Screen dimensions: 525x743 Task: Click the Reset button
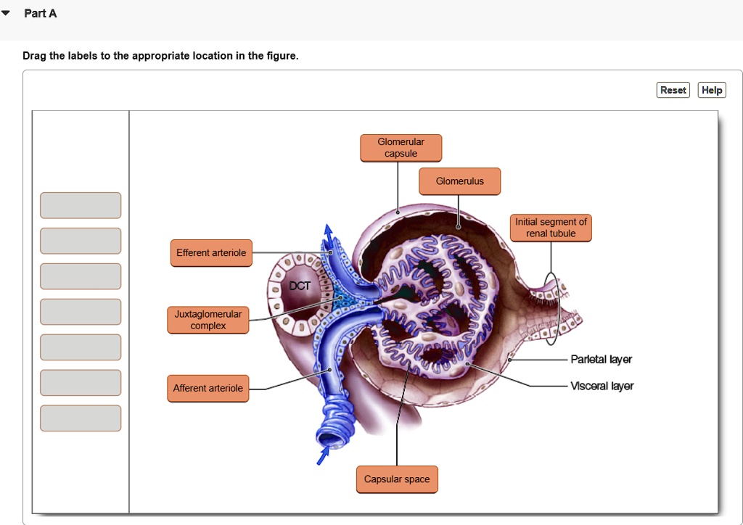pos(673,90)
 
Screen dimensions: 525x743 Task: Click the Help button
pos(712,90)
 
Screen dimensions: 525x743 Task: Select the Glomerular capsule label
pos(401,148)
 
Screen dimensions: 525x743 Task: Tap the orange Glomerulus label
pos(459,181)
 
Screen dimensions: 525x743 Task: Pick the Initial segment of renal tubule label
pos(551,228)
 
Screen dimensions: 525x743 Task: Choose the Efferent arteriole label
pos(211,253)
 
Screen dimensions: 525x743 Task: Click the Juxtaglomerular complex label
pos(208,320)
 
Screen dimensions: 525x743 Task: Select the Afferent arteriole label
pos(208,388)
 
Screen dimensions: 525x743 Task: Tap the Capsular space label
pos(397,479)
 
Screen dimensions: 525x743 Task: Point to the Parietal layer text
pos(602,360)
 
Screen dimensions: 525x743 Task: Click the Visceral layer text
pos(602,386)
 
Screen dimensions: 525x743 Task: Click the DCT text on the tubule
pos(300,286)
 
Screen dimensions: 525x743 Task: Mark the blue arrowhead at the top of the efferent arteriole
pos(329,231)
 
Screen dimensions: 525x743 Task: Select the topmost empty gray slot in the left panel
pos(81,205)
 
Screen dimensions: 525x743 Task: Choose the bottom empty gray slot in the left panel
pos(81,418)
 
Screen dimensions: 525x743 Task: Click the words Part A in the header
pos(41,14)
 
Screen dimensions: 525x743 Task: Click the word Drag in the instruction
pos(34,56)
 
